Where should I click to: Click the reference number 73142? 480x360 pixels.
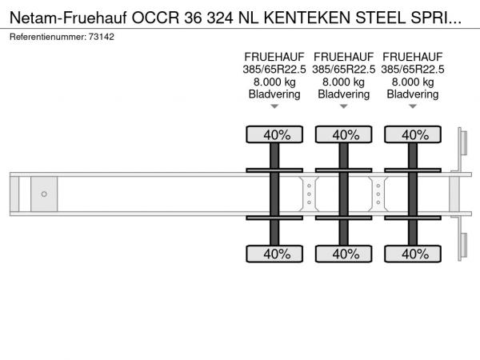click(102, 37)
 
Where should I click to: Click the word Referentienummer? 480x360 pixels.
click(48, 37)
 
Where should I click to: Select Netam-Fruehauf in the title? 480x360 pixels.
click(68, 18)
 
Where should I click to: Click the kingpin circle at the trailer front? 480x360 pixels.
click(44, 194)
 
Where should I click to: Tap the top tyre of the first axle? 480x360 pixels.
click(274, 134)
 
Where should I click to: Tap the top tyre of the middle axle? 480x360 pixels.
click(344, 134)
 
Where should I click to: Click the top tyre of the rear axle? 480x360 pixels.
click(413, 134)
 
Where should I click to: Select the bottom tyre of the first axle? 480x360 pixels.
click(274, 254)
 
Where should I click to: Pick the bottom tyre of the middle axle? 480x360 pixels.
click(344, 254)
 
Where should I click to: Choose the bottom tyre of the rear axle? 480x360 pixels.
click(413, 254)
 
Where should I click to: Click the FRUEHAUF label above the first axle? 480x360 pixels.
click(274, 57)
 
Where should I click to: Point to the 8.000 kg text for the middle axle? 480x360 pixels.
click(344, 82)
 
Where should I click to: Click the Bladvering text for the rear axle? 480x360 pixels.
click(413, 94)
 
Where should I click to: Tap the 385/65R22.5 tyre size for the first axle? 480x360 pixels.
click(274, 70)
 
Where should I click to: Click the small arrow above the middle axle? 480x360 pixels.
click(344, 106)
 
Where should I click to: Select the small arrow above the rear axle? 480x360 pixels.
click(413, 106)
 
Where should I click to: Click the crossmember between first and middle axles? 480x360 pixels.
click(309, 194)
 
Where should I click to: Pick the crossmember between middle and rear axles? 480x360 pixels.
click(378, 194)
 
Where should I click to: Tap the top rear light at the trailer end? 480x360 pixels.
click(463, 143)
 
